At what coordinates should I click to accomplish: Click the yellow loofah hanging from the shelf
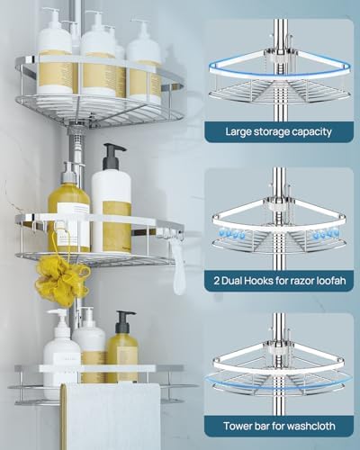coord(62,283)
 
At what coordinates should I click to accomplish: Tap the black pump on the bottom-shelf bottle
coord(124,321)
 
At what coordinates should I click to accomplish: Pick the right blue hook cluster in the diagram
coord(326,233)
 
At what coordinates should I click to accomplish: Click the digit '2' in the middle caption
coord(217,281)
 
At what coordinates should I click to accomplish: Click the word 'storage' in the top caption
coord(265,132)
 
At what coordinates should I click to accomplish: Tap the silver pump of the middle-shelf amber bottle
coord(69,174)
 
